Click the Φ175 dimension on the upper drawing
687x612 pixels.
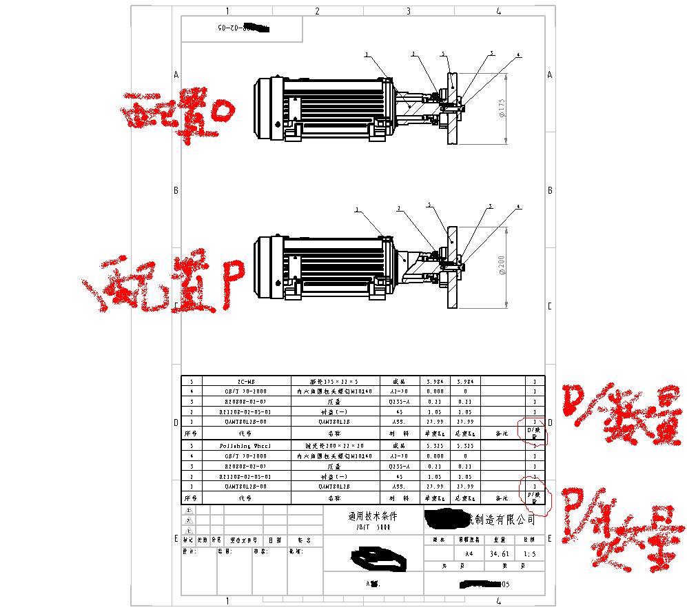502,108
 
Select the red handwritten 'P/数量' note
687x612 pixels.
617,527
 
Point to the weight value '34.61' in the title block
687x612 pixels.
499,553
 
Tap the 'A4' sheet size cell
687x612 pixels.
469,553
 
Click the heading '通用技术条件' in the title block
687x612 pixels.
373,516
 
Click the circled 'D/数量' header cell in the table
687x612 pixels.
534,433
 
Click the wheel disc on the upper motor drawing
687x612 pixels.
452,108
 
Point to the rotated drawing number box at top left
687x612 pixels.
241,29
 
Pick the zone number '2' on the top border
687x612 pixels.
317,11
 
